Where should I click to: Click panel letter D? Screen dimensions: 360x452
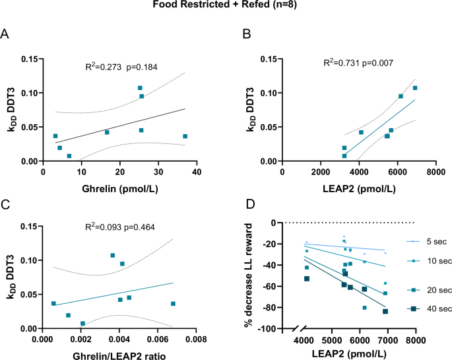(x=245, y=203)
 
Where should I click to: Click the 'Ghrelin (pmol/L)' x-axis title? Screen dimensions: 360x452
(x=120, y=187)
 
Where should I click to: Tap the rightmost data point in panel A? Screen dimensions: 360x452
(x=185, y=136)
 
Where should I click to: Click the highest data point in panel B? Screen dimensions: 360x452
(x=415, y=88)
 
